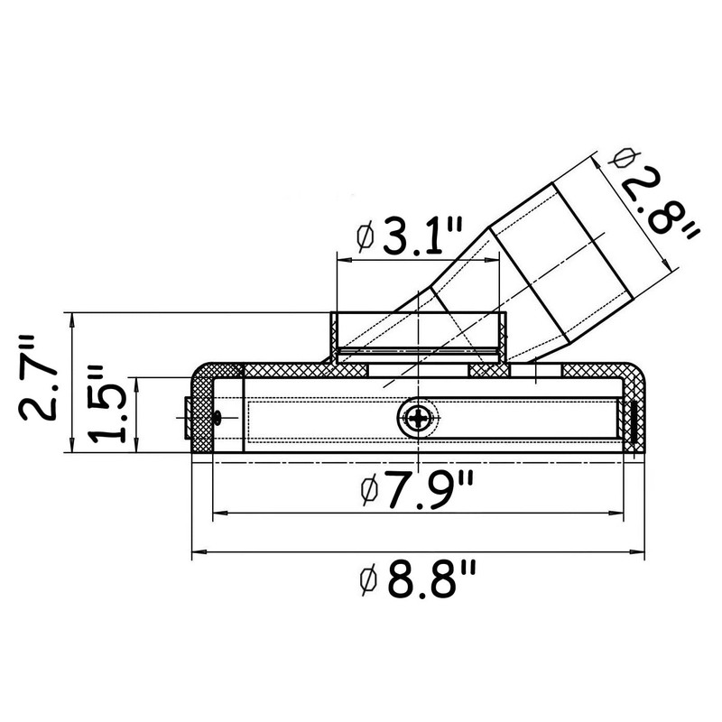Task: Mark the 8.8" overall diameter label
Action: pyautogui.click(x=430, y=583)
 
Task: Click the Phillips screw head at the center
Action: pyautogui.click(x=419, y=418)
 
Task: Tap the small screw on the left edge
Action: pyautogui.click(x=218, y=416)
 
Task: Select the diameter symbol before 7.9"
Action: pyautogui.click(x=366, y=494)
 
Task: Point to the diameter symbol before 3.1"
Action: pyautogui.click(x=365, y=239)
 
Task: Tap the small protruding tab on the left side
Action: pyautogui.click(x=187, y=418)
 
